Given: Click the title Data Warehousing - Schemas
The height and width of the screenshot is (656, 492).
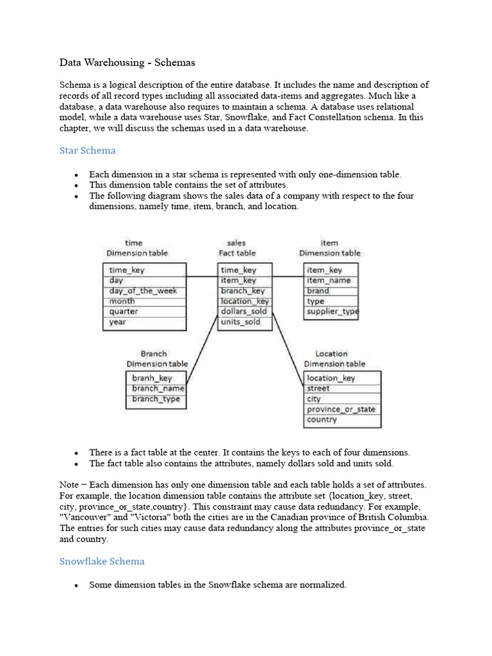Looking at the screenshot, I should click(x=127, y=63).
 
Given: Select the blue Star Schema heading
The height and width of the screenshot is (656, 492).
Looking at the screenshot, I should click(x=88, y=151).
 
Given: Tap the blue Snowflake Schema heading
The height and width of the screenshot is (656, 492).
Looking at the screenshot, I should click(x=102, y=561).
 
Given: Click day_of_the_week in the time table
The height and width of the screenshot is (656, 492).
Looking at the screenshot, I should click(x=143, y=291).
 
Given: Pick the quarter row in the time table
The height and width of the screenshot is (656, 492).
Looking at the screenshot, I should click(x=124, y=311).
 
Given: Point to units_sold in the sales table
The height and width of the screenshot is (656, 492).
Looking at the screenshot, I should click(x=241, y=322).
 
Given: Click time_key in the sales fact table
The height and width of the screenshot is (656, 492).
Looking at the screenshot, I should click(x=238, y=270).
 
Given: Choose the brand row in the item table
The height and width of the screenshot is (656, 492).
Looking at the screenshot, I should click(x=318, y=291).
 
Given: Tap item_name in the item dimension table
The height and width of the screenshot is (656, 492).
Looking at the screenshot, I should click(x=329, y=281).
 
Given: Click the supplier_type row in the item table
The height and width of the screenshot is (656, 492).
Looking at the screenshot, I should click(x=332, y=311).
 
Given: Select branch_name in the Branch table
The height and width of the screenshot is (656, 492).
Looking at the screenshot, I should click(x=158, y=388).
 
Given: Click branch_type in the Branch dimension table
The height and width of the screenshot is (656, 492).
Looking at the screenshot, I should click(x=156, y=399).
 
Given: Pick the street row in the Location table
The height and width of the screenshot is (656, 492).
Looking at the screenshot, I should click(x=318, y=388).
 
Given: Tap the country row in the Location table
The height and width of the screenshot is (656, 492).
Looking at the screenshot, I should click(x=322, y=420).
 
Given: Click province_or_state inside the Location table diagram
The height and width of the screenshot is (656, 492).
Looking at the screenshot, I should click(x=341, y=409).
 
